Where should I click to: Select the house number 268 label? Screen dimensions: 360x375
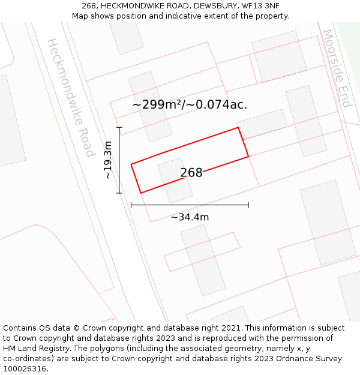[x=191, y=173]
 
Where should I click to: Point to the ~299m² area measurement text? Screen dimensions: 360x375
[x=157, y=104]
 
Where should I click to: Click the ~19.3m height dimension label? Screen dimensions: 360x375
[x=108, y=160]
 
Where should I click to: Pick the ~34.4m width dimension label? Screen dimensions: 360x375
[x=190, y=217]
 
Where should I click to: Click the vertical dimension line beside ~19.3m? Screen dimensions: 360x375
[x=119, y=160]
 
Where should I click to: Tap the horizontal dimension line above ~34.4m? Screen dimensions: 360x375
[x=190, y=205]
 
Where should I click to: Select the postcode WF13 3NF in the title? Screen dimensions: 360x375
[x=260, y=6]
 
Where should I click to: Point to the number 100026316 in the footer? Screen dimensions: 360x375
[x=24, y=368]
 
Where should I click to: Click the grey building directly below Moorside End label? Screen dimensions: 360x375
[x=305, y=121]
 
